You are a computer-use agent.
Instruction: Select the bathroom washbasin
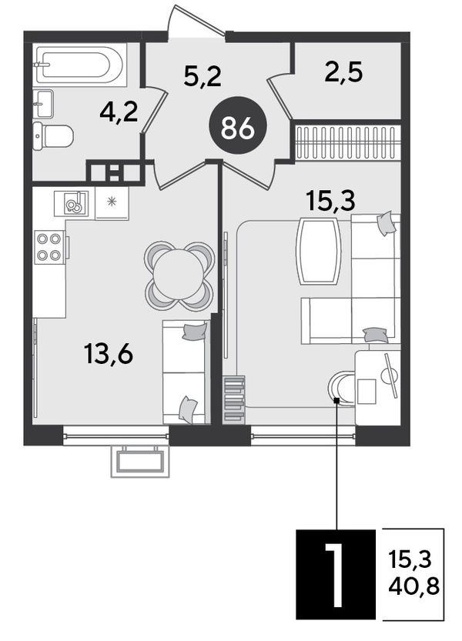point(43,103)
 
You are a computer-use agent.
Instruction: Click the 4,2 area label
point(119,112)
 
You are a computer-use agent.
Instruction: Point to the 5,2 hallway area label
point(203,76)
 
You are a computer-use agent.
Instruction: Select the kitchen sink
point(72,203)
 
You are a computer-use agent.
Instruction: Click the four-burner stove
point(50,247)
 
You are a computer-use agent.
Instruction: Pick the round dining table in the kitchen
point(179,275)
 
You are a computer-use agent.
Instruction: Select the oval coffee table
point(319,251)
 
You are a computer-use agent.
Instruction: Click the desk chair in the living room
point(342,388)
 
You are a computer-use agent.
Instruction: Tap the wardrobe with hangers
point(347,142)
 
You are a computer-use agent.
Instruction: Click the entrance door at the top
point(196,22)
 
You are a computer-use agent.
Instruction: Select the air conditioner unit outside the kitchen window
point(140,461)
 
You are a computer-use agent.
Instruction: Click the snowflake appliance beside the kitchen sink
point(112,203)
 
